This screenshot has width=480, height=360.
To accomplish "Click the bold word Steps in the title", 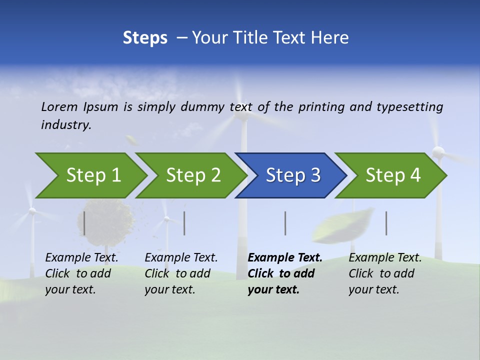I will point(145,38).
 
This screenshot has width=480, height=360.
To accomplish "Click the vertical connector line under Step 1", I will point(84,223).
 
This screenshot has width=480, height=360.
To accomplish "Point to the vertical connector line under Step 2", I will point(184,223).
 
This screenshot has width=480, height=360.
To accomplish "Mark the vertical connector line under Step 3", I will point(285,223).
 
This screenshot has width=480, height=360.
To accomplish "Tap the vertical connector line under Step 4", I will point(386,223).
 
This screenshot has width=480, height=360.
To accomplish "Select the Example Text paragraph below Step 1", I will point(81,273).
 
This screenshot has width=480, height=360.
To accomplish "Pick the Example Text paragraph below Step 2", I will point(180,273).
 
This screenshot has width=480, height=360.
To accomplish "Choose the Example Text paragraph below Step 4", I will point(384,273).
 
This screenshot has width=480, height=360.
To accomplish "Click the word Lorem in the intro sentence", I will point(59,106).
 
